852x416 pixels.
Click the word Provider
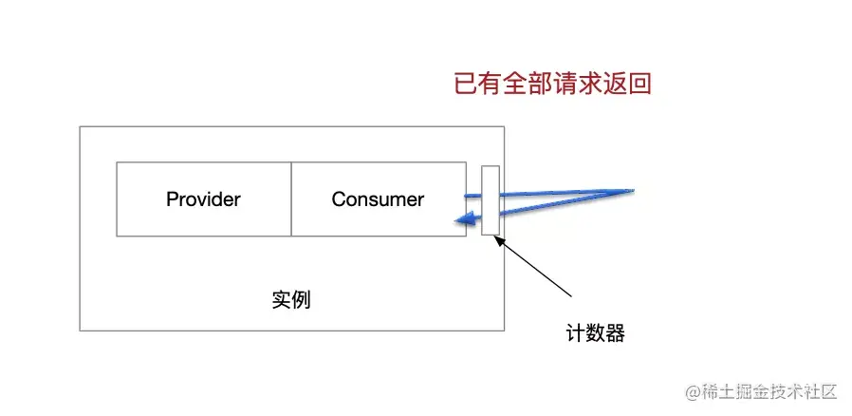coord(203,199)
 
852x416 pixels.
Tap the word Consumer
coord(378,199)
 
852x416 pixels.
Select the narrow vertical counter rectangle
coord(490,200)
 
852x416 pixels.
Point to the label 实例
coord(291,300)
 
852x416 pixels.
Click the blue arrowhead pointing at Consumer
coord(462,222)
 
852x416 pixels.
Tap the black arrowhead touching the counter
coord(500,241)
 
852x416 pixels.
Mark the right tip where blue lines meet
coord(632,190)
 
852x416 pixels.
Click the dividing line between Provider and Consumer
coord(291,199)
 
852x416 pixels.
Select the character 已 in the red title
coord(466,85)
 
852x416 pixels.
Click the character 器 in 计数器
coord(615,334)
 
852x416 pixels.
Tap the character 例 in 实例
coord(302,300)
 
